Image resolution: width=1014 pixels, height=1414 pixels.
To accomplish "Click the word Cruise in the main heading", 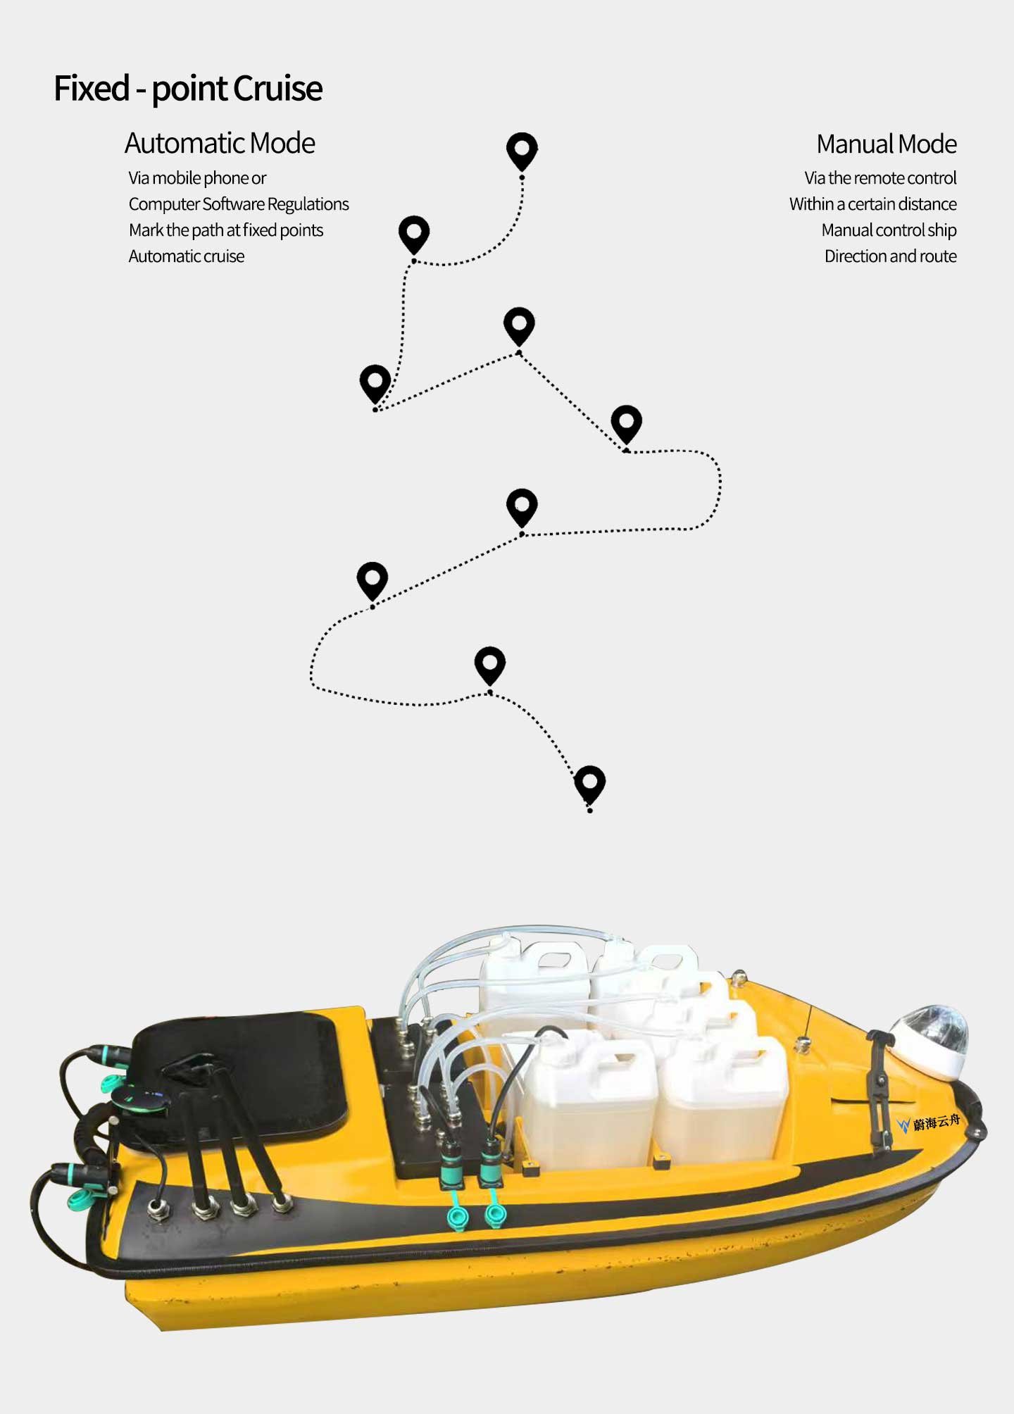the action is coord(277,89).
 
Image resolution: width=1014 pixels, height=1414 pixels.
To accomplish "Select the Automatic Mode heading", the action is coord(220,143).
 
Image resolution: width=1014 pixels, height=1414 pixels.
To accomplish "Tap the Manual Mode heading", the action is coord(887,144).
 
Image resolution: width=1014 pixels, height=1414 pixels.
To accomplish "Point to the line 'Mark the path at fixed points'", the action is coord(226,230).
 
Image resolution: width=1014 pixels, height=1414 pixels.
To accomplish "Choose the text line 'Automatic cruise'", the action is coord(187,256).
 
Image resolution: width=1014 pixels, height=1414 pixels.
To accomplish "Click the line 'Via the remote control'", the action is coord(880,178).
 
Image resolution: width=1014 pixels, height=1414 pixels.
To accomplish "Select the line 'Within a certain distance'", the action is coord(873,204).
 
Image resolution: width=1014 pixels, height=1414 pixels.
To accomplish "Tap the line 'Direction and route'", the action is coord(891,256).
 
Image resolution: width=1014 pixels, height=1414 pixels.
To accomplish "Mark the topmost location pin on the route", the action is coord(522,151).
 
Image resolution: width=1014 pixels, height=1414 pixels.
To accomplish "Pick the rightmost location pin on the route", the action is coord(627,424).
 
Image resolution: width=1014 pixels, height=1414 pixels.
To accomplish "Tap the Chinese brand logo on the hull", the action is coord(929,1122).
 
